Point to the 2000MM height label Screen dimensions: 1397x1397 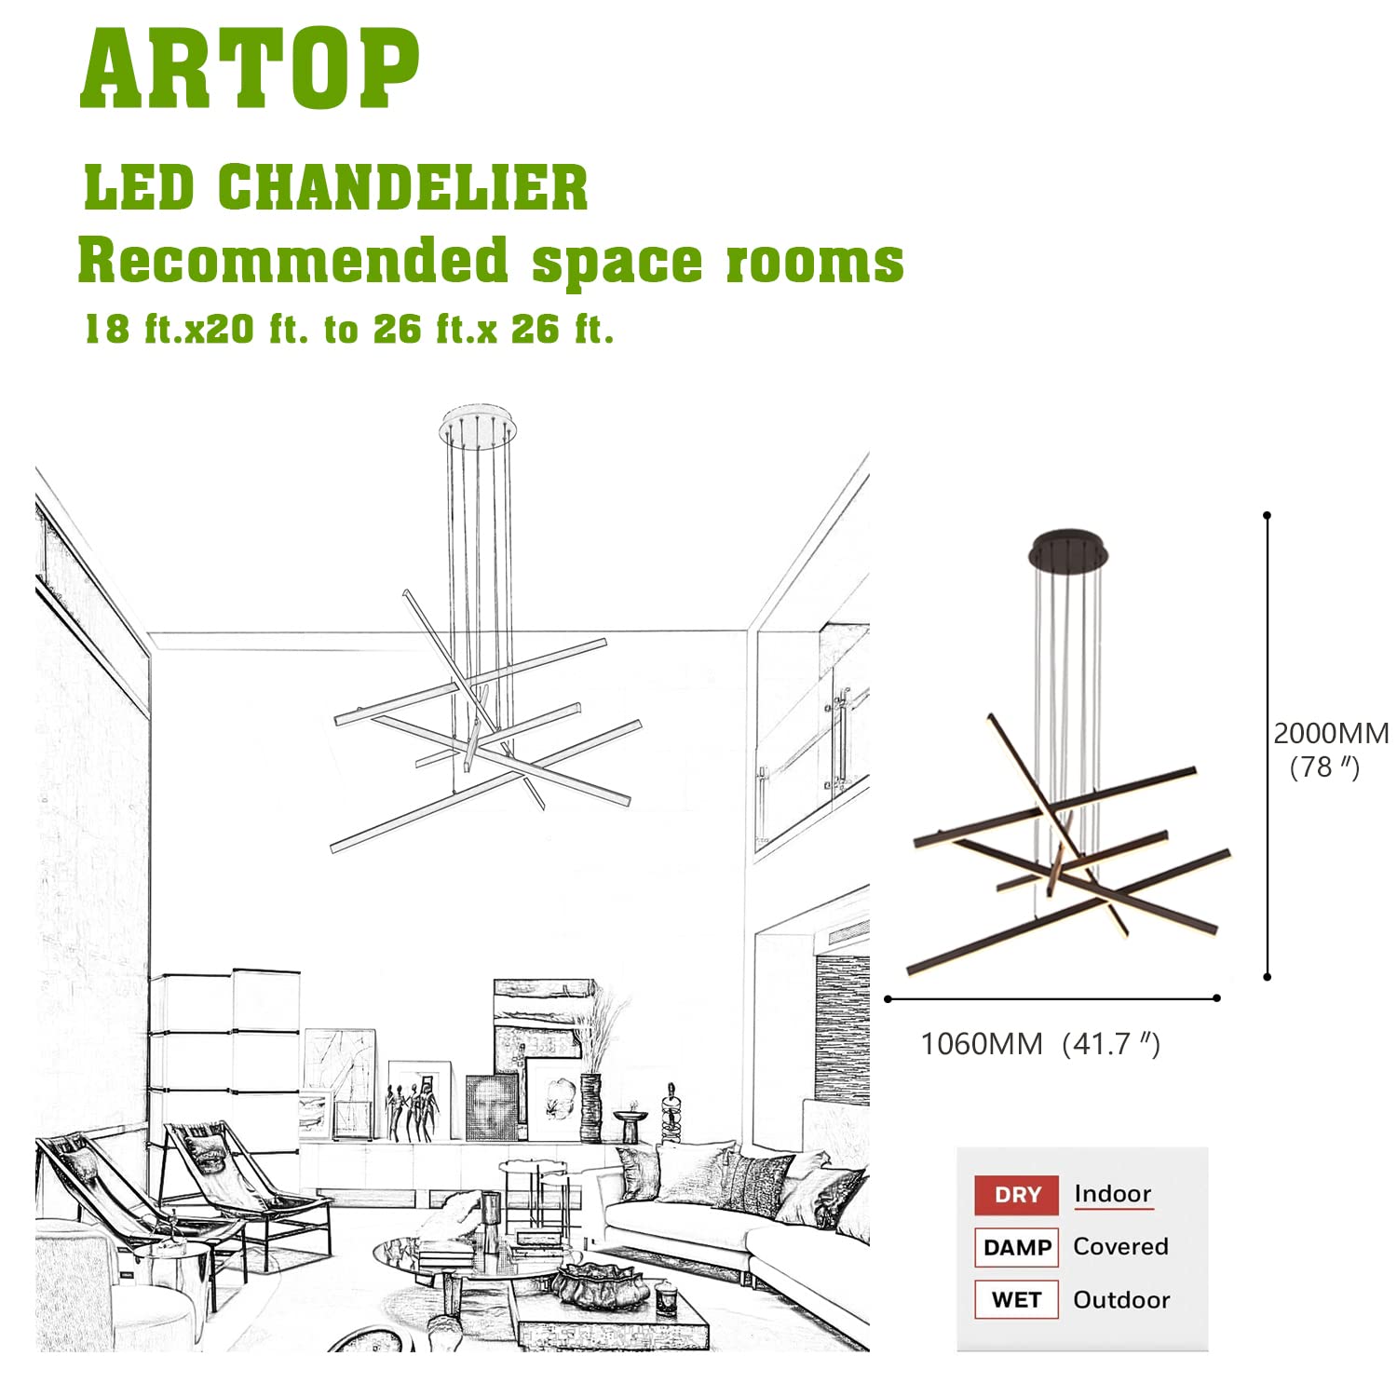pos(1331,733)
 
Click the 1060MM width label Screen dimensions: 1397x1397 pos(981,1044)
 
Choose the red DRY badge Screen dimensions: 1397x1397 pos(1016,1195)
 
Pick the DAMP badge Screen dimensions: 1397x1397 pos(1016,1248)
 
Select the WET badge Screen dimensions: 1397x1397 pos(1016,1300)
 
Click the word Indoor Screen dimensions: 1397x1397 pos(1113,1194)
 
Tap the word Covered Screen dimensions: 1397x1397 pos(1120,1246)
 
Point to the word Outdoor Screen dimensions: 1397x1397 pos(1121,1300)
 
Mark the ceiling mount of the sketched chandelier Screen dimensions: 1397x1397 pos(478,425)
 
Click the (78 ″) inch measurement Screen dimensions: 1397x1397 pos(1324,767)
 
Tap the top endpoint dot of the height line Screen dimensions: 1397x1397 pos(1267,515)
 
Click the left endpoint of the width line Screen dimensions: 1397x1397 pos(888,999)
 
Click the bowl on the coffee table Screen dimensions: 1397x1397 pos(601,1286)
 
